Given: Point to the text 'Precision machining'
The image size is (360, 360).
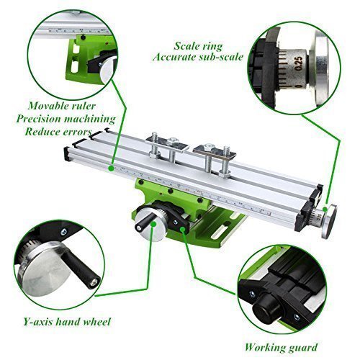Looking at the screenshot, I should pos(70,118).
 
